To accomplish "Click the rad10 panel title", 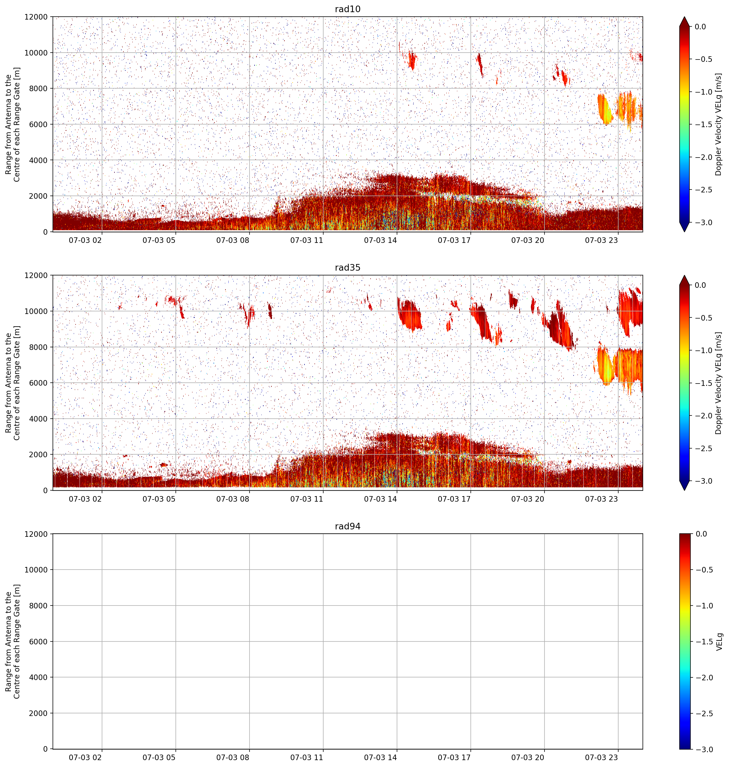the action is click(347, 9).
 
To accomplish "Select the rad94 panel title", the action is click(347, 526).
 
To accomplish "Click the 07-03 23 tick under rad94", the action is click(602, 757).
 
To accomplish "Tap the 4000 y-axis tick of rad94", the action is click(39, 677).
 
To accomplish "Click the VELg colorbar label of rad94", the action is click(719, 641).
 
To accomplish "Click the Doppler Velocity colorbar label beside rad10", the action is click(718, 124).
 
